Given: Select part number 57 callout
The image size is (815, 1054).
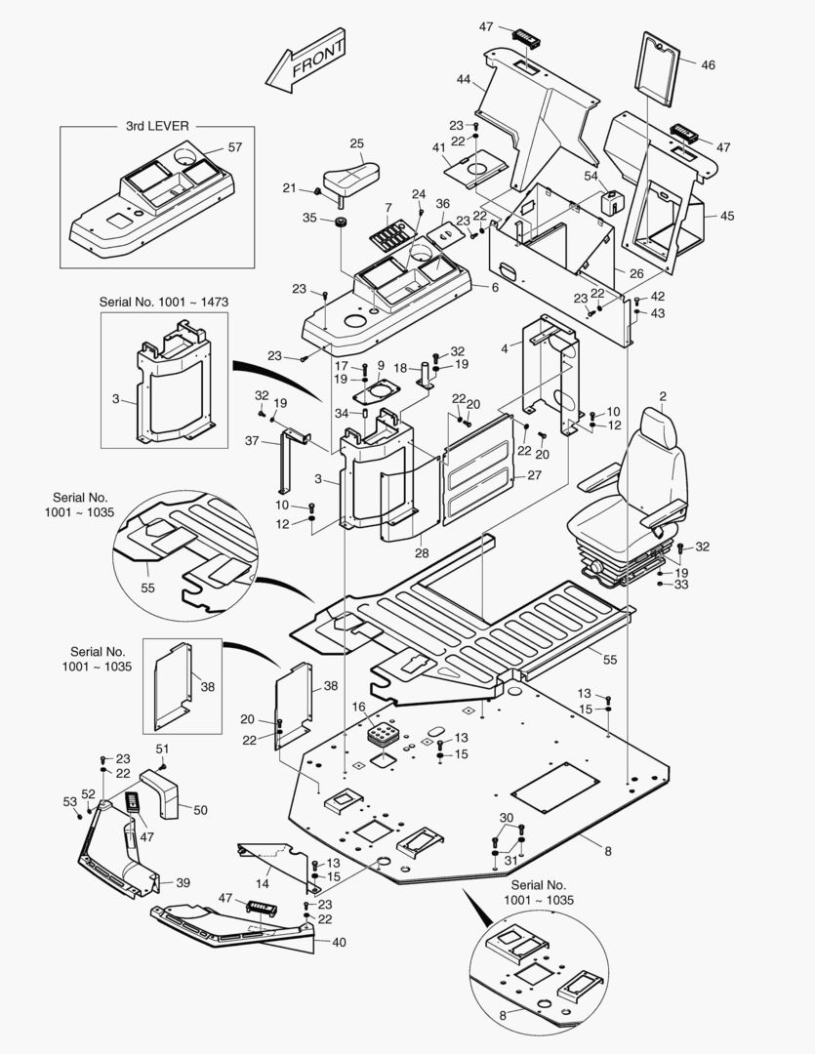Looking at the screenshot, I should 234,147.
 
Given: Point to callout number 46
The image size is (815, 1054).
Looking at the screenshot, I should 708,65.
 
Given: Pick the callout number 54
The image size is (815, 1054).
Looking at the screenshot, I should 591,176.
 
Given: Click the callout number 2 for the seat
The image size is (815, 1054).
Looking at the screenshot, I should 662,396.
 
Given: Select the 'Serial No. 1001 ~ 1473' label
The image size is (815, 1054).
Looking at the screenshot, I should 164,303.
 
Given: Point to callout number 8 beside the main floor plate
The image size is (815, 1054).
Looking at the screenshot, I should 607,852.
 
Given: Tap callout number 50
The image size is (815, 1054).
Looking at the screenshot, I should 200,810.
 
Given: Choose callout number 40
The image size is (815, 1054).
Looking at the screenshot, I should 339,942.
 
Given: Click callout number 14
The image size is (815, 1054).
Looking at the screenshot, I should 262,882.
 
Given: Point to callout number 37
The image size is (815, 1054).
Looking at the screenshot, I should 251,441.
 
